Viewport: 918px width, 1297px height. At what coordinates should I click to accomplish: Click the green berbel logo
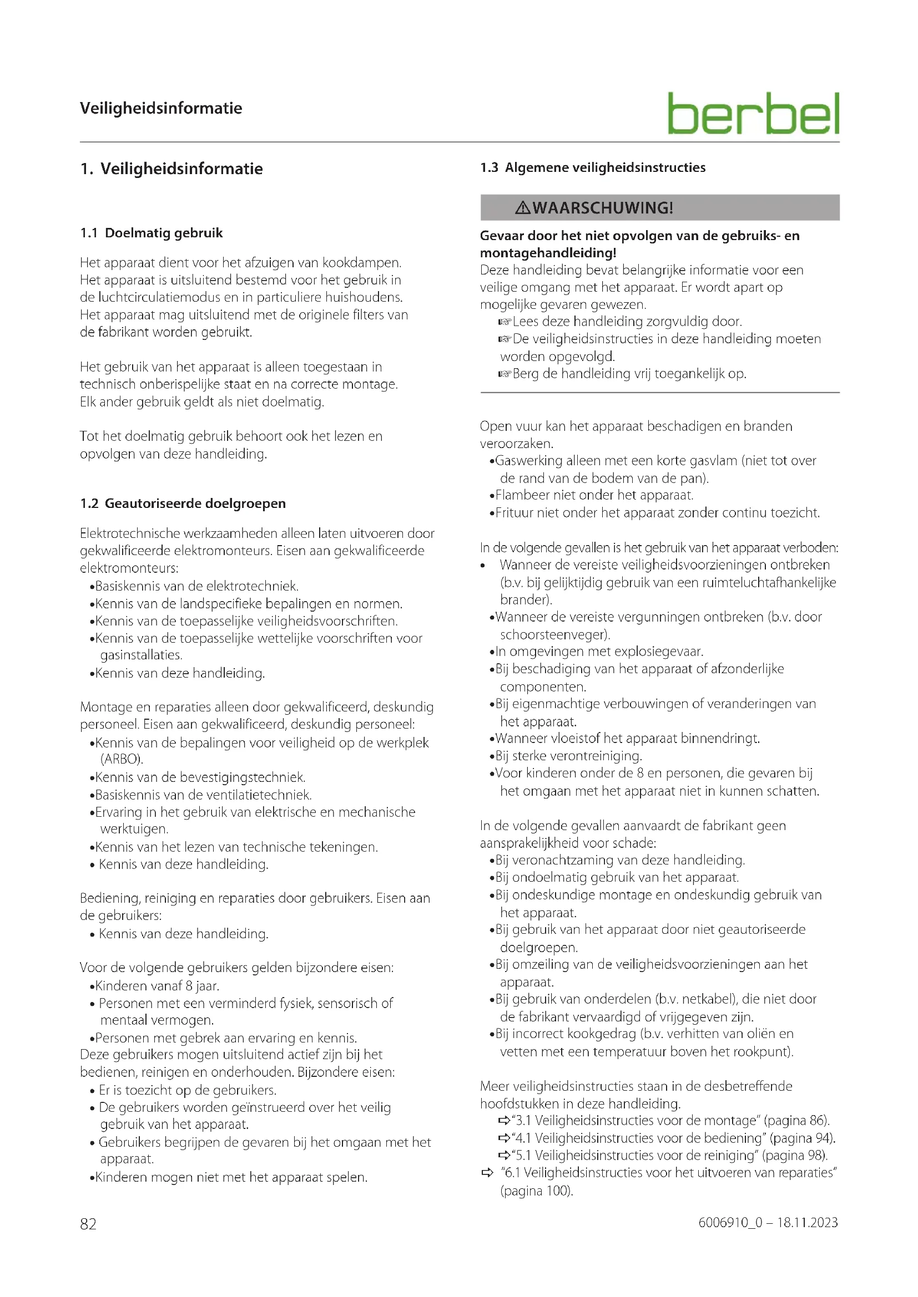(x=753, y=114)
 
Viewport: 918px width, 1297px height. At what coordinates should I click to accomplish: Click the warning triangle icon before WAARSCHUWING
(x=522, y=208)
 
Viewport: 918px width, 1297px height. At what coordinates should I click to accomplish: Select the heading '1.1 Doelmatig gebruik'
(x=152, y=233)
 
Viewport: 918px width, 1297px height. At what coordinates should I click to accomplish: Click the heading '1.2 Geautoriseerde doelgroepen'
(x=183, y=503)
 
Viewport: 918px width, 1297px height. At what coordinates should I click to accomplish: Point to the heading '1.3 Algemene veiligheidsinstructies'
(x=592, y=167)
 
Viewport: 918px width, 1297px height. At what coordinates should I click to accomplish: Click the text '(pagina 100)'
(x=537, y=1191)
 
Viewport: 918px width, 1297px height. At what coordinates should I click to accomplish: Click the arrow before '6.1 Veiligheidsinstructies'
(x=487, y=1173)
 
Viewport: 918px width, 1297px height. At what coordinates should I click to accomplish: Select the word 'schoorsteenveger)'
(x=555, y=634)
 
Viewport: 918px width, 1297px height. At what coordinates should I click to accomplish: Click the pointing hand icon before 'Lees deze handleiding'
(x=504, y=322)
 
